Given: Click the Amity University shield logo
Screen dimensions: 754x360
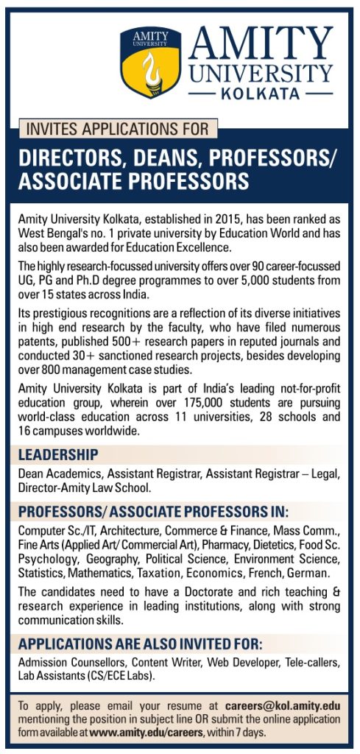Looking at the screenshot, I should tap(150, 64).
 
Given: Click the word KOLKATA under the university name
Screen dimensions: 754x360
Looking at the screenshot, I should tap(260, 94).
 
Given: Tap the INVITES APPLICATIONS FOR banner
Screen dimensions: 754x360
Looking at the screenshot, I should tap(117, 130).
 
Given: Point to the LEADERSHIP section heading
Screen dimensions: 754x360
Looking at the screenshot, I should tap(58, 454).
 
